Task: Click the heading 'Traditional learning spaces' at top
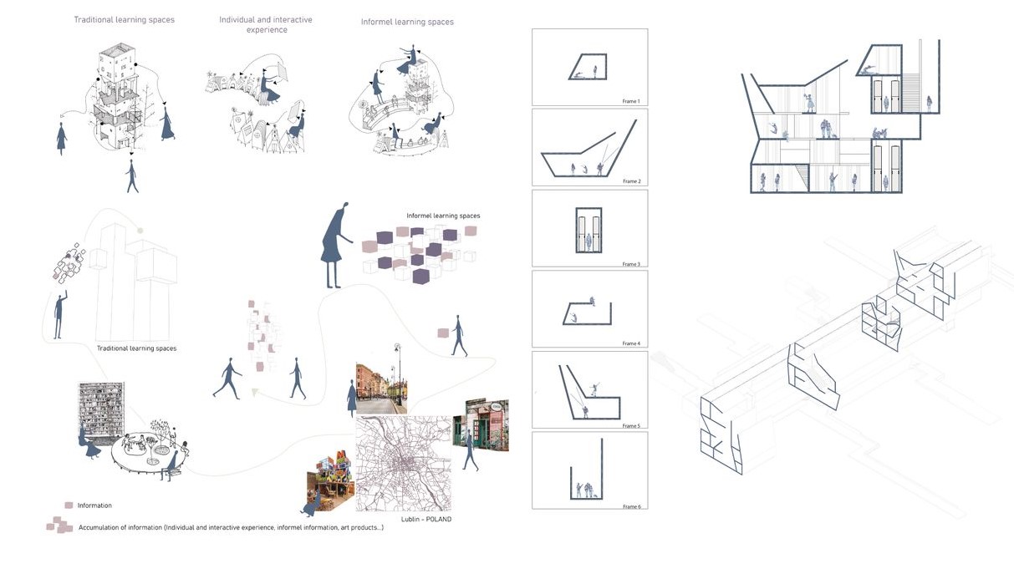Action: [x=124, y=19]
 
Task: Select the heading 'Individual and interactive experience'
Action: [x=267, y=24]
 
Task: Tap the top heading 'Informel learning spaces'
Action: [x=407, y=22]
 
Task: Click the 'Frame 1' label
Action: [x=630, y=101]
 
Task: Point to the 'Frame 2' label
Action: [x=630, y=181]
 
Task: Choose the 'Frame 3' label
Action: [x=630, y=263]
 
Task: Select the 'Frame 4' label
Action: [x=630, y=343]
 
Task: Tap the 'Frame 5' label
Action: [x=630, y=425]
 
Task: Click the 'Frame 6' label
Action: [x=630, y=506]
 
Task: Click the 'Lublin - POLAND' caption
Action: [x=426, y=519]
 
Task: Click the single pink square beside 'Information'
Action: [x=69, y=505]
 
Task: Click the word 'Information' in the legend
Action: [x=94, y=505]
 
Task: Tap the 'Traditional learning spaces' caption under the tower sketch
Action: [x=136, y=348]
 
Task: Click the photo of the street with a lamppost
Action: [x=380, y=387]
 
